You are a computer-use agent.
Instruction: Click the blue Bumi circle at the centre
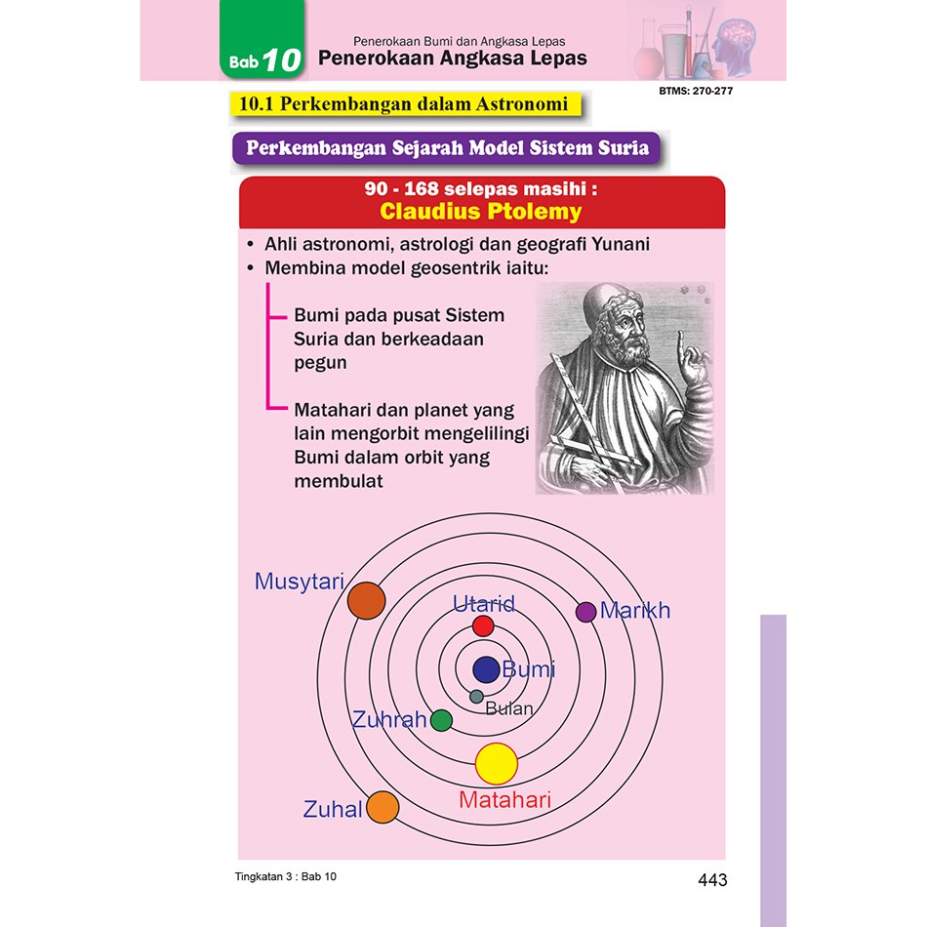coord(487,669)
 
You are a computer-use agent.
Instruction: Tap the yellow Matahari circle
coord(497,764)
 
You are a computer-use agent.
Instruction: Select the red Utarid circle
coord(483,626)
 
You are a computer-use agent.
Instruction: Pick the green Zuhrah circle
coord(442,721)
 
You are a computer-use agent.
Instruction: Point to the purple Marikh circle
coord(585,612)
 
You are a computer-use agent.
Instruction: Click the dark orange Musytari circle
coord(367,601)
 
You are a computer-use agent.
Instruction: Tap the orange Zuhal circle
coord(383,807)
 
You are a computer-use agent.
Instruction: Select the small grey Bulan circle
coord(476,697)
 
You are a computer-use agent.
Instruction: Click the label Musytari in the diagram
coord(300,582)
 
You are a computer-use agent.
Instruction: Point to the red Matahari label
coord(504,800)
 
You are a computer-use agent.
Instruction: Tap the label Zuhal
coord(332,809)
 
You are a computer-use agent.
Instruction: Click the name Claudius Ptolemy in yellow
coord(481,212)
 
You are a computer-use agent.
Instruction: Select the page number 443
coord(712,880)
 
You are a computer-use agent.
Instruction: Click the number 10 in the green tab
coord(282,60)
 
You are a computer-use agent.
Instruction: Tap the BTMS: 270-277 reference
coord(696,91)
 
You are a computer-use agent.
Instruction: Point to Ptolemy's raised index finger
coord(681,348)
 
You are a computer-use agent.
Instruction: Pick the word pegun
coord(320,363)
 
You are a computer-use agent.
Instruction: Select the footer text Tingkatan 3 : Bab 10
coord(286,877)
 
